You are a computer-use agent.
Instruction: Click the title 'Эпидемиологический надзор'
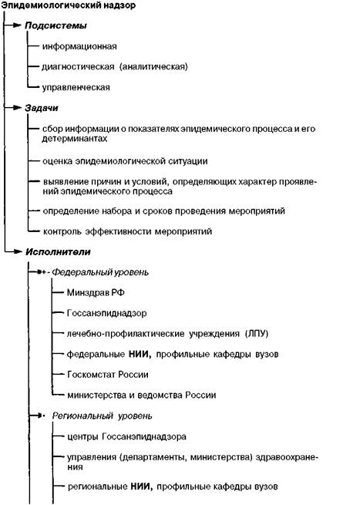(69, 5)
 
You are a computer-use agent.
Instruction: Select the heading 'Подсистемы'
(56, 25)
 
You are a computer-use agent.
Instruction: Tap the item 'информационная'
(79, 46)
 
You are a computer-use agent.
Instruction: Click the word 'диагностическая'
(78, 67)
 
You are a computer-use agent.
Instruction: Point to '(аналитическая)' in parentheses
(153, 66)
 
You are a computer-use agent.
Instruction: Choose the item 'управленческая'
(76, 88)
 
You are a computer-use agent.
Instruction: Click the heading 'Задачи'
(42, 108)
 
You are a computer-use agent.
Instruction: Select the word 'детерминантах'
(74, 139)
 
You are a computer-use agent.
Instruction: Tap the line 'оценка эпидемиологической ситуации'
(125, 161)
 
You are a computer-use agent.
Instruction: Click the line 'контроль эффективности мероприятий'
(127, 231)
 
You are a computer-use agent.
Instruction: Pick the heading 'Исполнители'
(58, 252)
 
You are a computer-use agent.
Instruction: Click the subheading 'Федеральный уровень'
(100, 272)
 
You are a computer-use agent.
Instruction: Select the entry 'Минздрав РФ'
(96, 293)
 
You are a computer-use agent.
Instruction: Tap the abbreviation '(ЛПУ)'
(257, 334)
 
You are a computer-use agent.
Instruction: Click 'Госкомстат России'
(108, 375)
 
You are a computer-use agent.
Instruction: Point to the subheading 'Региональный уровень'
(103, 416)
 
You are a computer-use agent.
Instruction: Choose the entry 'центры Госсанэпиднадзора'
(126, 437)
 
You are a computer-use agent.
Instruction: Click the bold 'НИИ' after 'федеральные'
(140, 355)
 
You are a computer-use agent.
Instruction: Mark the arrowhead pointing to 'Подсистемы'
(17, 25)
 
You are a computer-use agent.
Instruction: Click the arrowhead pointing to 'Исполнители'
(18, 251)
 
